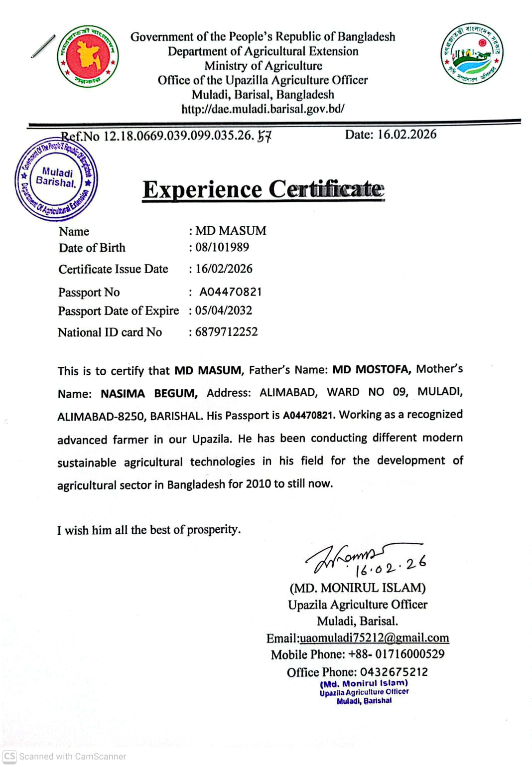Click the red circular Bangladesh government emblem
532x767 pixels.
point(88,56)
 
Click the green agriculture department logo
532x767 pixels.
point(471,53)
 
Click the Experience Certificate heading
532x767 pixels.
point(263,189)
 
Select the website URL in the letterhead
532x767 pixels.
point(263,109)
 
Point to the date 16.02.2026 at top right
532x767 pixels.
point(406,135)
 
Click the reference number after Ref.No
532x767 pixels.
point(187,136)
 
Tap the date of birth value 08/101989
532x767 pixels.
point(222,247)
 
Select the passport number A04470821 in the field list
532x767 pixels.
point(230,292)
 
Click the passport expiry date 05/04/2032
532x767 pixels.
point(224,310)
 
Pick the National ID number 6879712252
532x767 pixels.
point(226,332)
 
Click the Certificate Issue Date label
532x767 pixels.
point(113,269)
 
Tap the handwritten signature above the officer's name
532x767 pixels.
point(349,558)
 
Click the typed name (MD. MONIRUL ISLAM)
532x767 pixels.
point(358,588)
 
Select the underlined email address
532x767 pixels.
point(374,638)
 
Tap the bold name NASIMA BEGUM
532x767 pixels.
point(149,393)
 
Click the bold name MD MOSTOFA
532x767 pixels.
point(371,369)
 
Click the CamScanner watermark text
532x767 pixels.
point(72,756)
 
